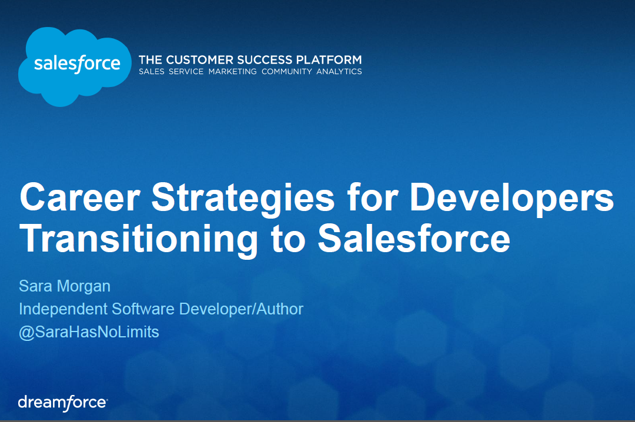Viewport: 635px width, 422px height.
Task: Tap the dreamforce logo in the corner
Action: [x=63, y=403]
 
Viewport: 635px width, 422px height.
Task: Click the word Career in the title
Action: [x=80, y=197]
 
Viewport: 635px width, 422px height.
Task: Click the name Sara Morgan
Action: [x=65, y=286]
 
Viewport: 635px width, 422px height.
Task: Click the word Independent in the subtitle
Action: [x=63, y=309]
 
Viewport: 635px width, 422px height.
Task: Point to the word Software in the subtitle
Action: [x=143, y=309]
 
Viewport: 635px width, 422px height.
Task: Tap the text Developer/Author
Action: [x=241, y=309]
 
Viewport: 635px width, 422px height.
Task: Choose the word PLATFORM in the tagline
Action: [x=329, y=60]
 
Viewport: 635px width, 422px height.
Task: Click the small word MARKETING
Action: [x=232, y=72]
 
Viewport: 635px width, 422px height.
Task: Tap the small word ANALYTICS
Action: [x=339, y=72]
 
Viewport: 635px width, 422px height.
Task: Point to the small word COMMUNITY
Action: [x=287, y=72]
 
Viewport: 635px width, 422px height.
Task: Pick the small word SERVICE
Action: [x=186, y=72]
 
